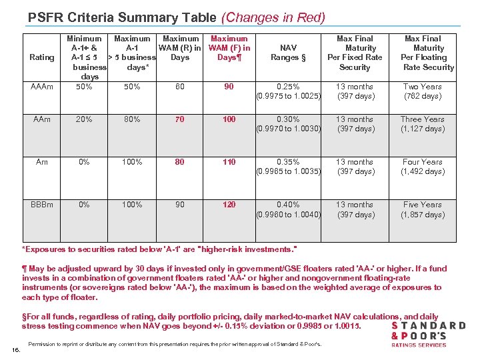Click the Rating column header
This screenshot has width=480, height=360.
click(42, 57)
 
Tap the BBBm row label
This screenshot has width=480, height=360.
click(42, 205)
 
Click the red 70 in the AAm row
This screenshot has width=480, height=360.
click(180, 119)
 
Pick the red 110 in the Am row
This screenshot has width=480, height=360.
click(229, 162)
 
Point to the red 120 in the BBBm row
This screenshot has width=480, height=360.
click(229, 205)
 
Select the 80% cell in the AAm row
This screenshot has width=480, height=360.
click(132, 119)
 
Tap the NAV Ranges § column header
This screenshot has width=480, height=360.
click(289, 53)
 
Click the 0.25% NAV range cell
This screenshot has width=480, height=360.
click(289, 91)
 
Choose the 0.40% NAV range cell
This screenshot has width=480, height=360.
click(289, 209)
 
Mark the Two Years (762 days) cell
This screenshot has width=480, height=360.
click(422, 91)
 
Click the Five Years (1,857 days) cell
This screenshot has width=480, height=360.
click(422, 209)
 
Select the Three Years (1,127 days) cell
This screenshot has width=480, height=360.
click(422, 124)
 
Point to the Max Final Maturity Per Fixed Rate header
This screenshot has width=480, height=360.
click(355, 53)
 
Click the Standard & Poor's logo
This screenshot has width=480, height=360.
click(428, 334)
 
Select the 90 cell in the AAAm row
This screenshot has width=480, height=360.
click(229, 87)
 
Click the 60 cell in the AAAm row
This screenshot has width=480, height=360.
click(180, 87)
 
